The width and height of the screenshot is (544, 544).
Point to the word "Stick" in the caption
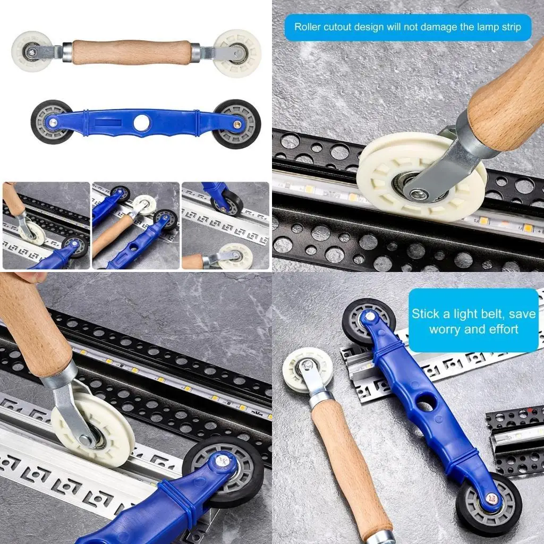tap(426, 313)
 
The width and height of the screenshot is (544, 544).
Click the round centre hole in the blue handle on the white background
tap(142, 123)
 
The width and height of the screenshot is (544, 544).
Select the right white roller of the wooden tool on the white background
tap(237, 53)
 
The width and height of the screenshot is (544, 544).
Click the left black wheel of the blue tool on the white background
tap(52, 122)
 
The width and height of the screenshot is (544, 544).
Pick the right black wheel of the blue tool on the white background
tap(236, 124)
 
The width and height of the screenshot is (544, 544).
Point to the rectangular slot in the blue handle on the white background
tap(103, 121)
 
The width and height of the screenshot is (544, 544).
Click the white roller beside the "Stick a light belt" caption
tap(307, 369)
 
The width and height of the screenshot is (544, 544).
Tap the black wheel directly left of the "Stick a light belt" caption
tap(368, 322)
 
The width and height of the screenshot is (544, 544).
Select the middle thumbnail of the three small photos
tap(135, 226)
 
